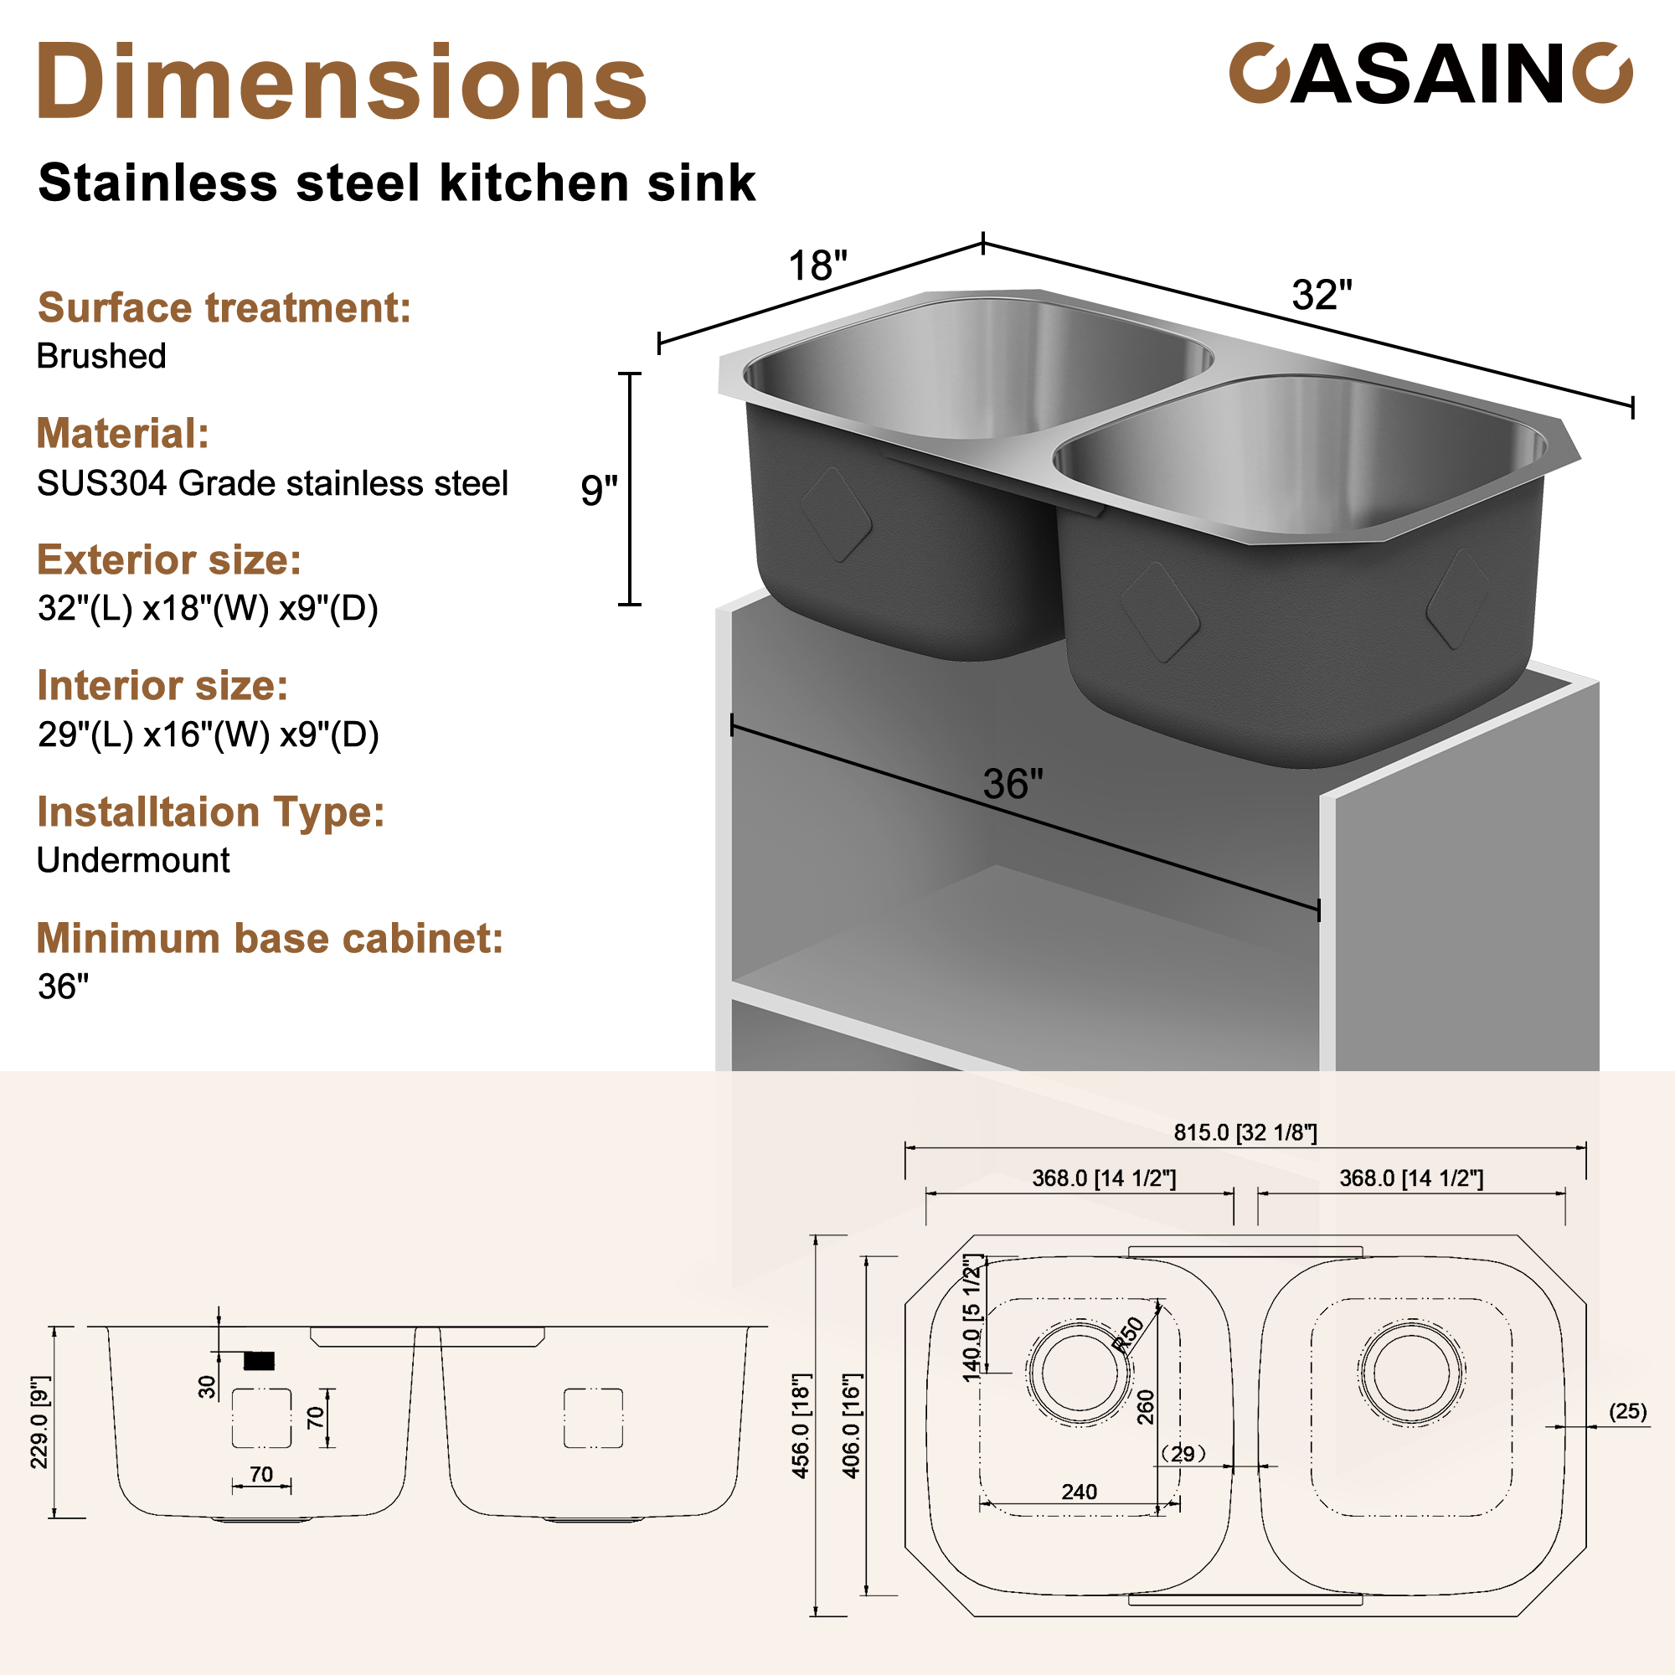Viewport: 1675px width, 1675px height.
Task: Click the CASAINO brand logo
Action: pyautogui.click(x=1430, y=75)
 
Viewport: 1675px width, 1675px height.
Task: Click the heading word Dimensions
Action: pyautogui.click(x=342, y=82)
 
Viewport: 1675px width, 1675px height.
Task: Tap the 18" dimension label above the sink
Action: pyautogui.click(x=817, y=265)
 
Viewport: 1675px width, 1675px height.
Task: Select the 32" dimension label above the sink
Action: pyautogui.click(x=1322, y=295)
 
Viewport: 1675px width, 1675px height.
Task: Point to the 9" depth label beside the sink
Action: pyautogui.click(x=598, y=490)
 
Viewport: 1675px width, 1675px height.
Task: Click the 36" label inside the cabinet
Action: pyautogui.click(x=1013, y=785)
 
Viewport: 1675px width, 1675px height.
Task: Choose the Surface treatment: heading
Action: pyautogui.click(x=224, y=307)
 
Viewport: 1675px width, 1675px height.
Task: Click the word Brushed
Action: pyautogui.click(x=101, y=356)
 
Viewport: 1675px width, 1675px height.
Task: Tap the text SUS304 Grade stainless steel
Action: pyautogui.click(x=272, y=484)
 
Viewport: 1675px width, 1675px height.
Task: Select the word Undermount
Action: pyautogui.click(x=132, y=860)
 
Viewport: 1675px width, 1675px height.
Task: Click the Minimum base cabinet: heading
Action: pyautogui.click(x=270, y=938)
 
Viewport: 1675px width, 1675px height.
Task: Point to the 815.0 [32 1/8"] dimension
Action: pyautogui.click(x=1245, y=1132)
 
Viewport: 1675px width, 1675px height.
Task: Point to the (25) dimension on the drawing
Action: pyautogui.click(x=1627, y=1411)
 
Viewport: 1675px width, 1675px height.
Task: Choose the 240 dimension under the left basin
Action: pyautogui.click(x=1079, y=1492)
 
